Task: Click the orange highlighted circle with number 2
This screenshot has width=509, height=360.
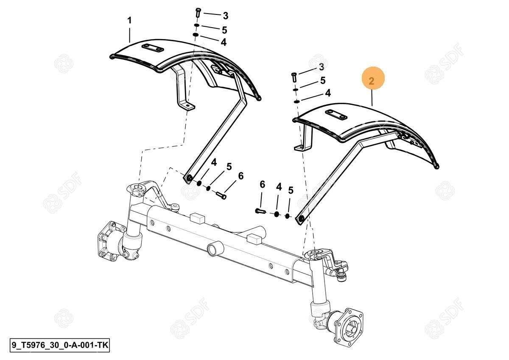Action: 373,78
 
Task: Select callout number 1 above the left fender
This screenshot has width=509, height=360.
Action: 129,20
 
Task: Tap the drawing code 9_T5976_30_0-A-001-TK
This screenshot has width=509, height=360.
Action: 60,345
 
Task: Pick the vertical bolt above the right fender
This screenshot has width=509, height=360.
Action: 294,77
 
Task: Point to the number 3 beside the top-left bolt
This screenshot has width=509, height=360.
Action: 225,16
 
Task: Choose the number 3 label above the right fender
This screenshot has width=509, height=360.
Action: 322,67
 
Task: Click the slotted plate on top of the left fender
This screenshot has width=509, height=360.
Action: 153,48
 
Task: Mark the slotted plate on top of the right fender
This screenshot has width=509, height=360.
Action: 336,115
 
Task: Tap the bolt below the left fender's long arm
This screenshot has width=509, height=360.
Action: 221,196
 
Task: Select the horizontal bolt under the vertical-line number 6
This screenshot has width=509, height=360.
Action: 260,211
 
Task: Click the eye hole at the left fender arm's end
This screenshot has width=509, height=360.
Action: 190,178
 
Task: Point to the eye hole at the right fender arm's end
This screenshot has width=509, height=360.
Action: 302,219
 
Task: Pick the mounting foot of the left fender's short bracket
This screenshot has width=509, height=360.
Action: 187,107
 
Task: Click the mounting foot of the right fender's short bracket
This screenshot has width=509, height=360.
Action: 302,148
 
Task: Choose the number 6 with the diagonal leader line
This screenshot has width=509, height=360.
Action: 241,176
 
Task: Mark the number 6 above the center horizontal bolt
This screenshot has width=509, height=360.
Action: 263,184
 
